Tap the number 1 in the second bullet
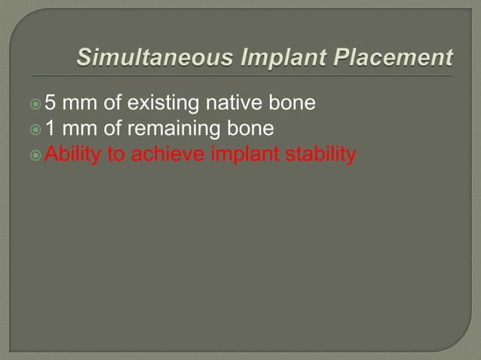click(51, 128)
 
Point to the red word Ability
click(69, 155)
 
